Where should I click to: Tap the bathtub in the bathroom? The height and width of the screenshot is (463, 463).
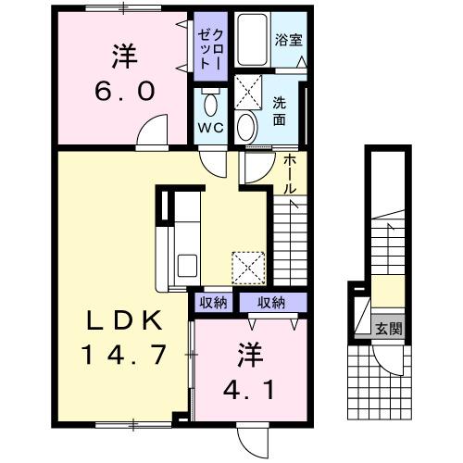point(251,39)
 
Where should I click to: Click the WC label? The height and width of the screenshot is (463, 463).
point(208,129)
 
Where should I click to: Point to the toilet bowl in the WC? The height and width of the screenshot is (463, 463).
point(209,103)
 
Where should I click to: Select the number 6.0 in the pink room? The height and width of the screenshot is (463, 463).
point(120,94)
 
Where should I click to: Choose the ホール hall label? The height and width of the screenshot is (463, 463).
point(290,173)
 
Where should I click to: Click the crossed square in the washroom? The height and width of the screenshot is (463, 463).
point(248,92)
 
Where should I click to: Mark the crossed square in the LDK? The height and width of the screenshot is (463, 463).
point(248,268)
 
